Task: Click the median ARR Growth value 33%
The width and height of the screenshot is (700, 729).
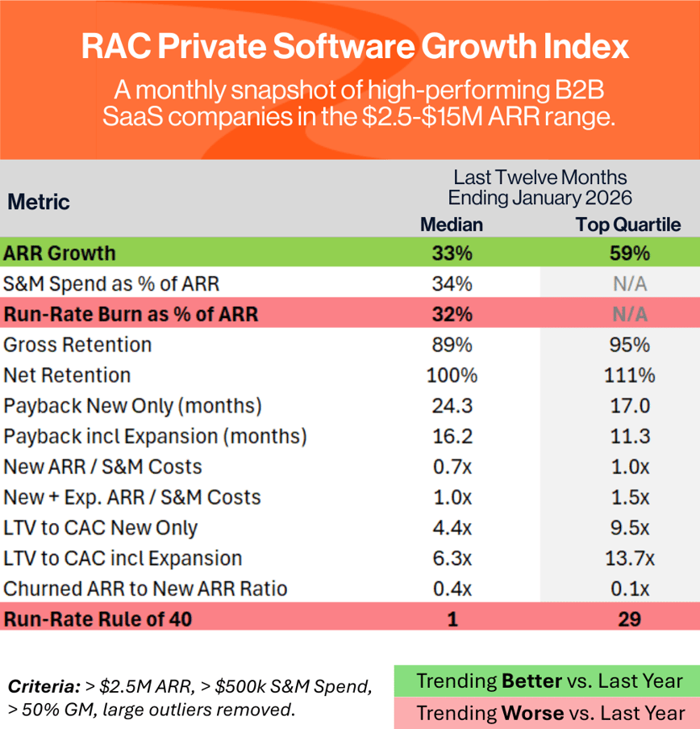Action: click(452, 253)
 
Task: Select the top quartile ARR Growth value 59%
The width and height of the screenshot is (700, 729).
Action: click(629, 253)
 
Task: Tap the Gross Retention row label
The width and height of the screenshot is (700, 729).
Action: click(78, 345)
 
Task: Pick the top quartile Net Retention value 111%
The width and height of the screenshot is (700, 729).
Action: click(629, 375)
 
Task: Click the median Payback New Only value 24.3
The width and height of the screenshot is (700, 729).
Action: click(452, 406)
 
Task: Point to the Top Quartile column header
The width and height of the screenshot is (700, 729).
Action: click(628, 224)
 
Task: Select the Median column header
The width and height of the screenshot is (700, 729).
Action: click(452, 224)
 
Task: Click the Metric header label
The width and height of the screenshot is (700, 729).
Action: click(39, 202)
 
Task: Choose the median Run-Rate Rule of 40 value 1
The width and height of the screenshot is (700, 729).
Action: click(452, 619)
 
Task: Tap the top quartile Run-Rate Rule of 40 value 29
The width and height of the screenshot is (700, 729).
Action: click(629, 619)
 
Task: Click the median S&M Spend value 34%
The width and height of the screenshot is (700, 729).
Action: click(452, 284)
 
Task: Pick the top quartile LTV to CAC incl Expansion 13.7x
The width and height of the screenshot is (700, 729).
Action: click(629, 559)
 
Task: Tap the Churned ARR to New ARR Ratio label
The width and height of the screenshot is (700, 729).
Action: click(146, 589)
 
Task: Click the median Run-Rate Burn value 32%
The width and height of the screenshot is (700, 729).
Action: click(452, 314)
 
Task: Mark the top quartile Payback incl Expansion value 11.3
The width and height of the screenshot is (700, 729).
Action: click(629, 437)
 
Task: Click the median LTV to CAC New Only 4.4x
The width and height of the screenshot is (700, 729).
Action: click(452, 528)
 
